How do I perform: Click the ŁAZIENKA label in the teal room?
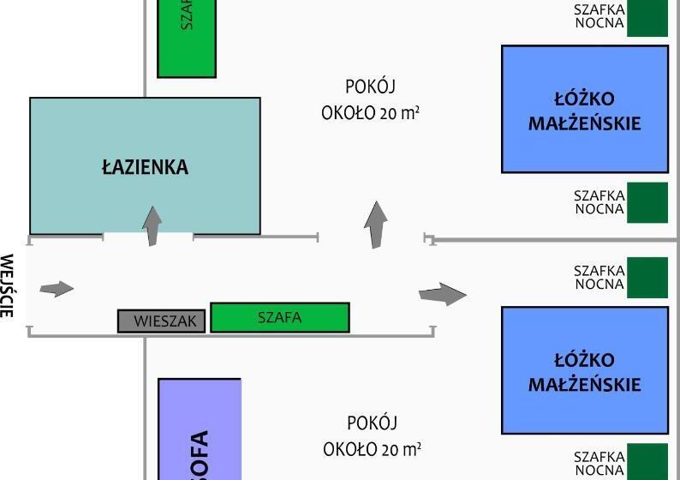pos(145,167)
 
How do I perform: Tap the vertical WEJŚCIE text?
pos(8,285)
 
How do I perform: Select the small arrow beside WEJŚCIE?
pos(57,289)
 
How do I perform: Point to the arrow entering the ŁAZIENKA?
pos(152,225)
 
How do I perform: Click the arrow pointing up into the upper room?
pos(375,225)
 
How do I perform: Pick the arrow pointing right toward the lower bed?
pos(442,294)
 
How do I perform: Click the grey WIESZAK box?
pos(161,321)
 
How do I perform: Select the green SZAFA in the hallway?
pos(279,317)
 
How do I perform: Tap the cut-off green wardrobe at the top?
pos(187,39)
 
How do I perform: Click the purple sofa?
pos(200,429)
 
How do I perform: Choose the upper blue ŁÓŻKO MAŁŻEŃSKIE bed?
pos(584,109)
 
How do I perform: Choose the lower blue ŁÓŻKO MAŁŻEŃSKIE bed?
pos(584,369)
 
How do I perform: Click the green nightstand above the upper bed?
pos(647,18)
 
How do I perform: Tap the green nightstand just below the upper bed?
pos(647,202)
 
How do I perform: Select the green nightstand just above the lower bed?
pos(647,278)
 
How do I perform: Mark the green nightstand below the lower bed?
pos(647,461)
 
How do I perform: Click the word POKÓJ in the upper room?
pos(371,87)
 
